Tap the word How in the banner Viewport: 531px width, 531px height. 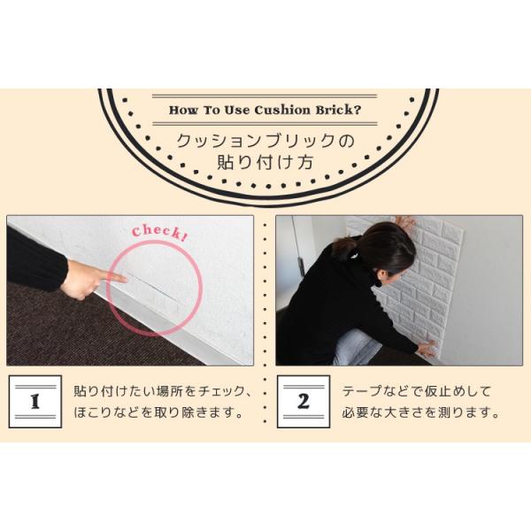pos(183,111)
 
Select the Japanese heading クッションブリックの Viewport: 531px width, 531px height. pos(265,141)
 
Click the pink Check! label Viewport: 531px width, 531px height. pos(159,232)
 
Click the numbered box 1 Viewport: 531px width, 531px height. pos(35,401)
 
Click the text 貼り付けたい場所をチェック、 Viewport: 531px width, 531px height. pos(163,390)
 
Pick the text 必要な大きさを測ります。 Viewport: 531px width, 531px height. pos(421,412)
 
